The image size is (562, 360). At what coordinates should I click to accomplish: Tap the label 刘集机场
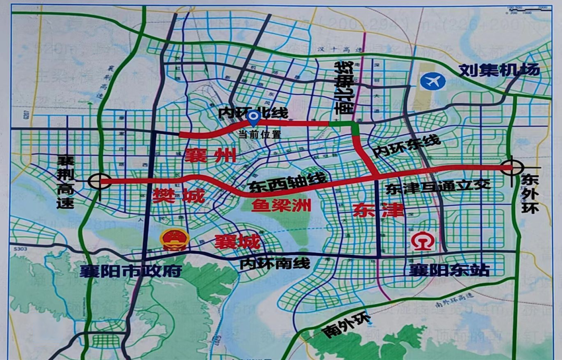pyautogui.click(x=499, y=70)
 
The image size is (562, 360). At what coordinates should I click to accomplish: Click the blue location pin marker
pyautogui.click(x=253, y=118)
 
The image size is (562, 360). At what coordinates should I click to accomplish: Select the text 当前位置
pyautogui.click(x=260, y=134)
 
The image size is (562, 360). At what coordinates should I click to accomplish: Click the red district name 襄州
pyautogui.click(x=210, y=155)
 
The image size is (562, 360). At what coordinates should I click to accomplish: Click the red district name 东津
pyautogui.click(x=371, y=210)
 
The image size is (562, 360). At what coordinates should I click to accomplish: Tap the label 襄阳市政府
pyautogui.click(x=131, y=271)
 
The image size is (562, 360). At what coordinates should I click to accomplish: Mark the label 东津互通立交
pyautogui.click(x=438, y=189)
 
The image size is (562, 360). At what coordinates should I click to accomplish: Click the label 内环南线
pyautogui.click(x=275, y=263)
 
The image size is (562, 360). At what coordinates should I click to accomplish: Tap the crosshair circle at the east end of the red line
pyautogui.click(x=512, y=168)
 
